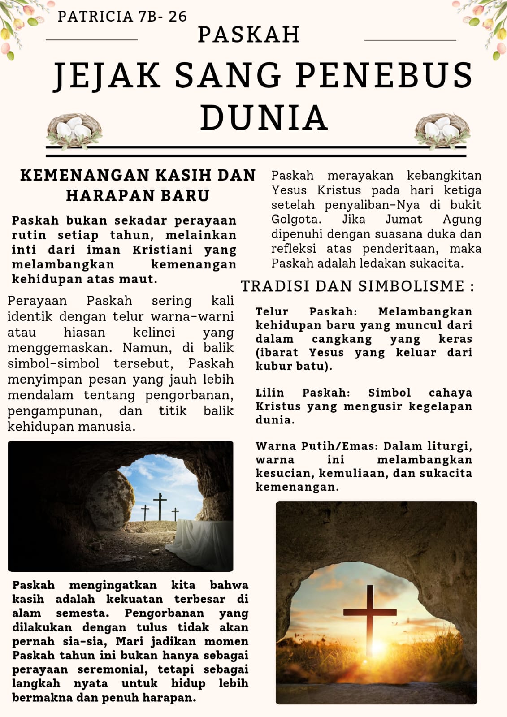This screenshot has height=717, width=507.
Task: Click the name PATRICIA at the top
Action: click(95, 16)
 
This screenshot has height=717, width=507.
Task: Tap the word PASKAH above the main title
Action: click(249, 35)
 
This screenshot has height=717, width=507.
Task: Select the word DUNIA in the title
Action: click(264, 117)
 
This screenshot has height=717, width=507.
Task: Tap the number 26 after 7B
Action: click(178, 16)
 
